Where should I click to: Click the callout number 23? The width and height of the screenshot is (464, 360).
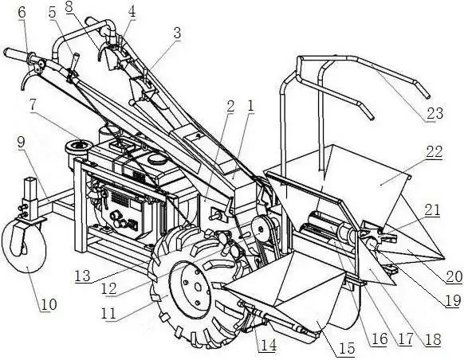[x=435, y=113]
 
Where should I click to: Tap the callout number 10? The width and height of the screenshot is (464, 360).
[x=49, y=303]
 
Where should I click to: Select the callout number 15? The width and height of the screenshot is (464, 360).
[x=347, y=348]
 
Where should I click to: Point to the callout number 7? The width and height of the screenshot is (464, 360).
[x=33, y=105]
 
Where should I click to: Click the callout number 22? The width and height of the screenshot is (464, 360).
[x=435, y=151]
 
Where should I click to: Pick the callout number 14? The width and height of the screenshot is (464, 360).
[x=268, y=345]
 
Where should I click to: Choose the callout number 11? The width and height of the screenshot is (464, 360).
[x=108, y=313]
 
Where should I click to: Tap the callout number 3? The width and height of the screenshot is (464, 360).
[x=177, y=33]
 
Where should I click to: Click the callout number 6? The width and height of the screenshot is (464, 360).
[x=22, y=13]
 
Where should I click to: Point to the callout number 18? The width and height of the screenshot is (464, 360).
[x=433, y=339]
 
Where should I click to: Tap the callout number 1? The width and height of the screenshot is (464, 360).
[x=250, y=106]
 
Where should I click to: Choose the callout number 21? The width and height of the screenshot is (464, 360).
[x=432, y=210]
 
